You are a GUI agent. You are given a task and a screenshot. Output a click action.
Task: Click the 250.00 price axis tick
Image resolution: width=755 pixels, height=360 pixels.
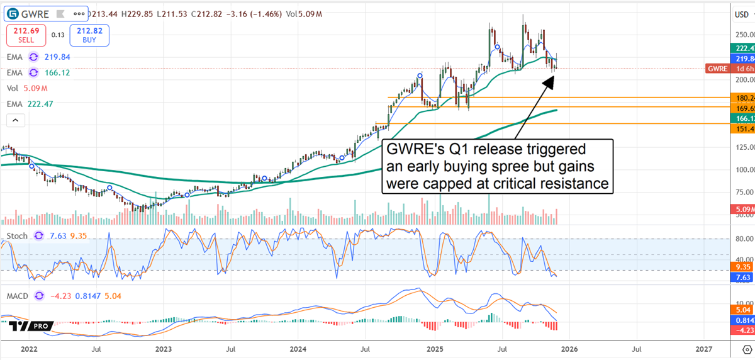pyautogui.click(x=744, y=35)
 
